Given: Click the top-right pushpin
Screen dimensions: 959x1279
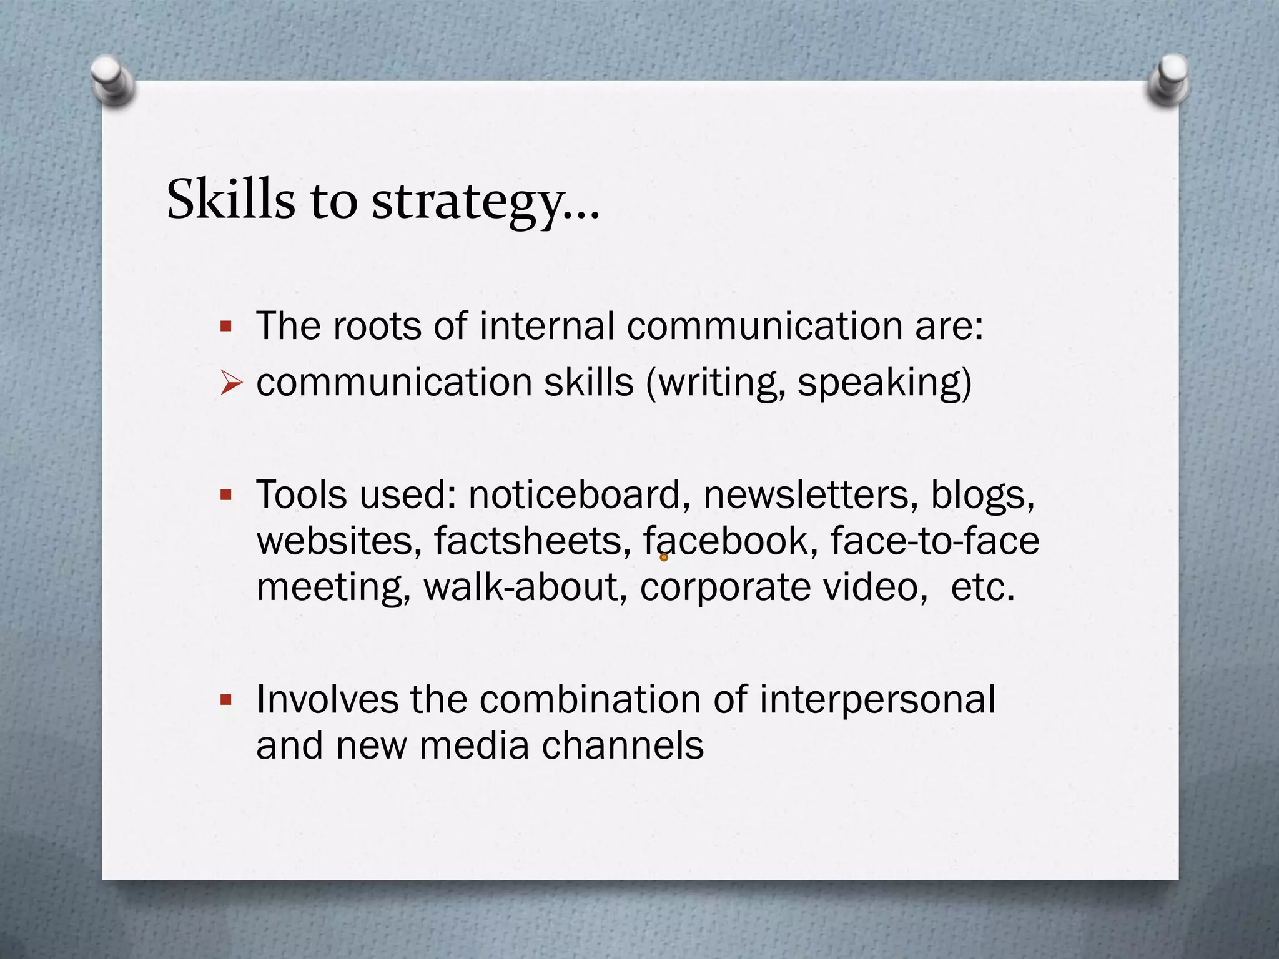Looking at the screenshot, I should pos(1169,82).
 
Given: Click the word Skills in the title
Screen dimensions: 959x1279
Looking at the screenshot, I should pos(230,200).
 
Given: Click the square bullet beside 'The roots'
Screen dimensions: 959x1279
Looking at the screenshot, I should pos(226,326).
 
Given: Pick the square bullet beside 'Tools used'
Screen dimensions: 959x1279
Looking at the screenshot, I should pos(226,496).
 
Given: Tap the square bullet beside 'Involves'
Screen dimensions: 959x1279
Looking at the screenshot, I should pos(226,700).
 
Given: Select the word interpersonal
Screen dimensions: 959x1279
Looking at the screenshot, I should pos(877,700).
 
